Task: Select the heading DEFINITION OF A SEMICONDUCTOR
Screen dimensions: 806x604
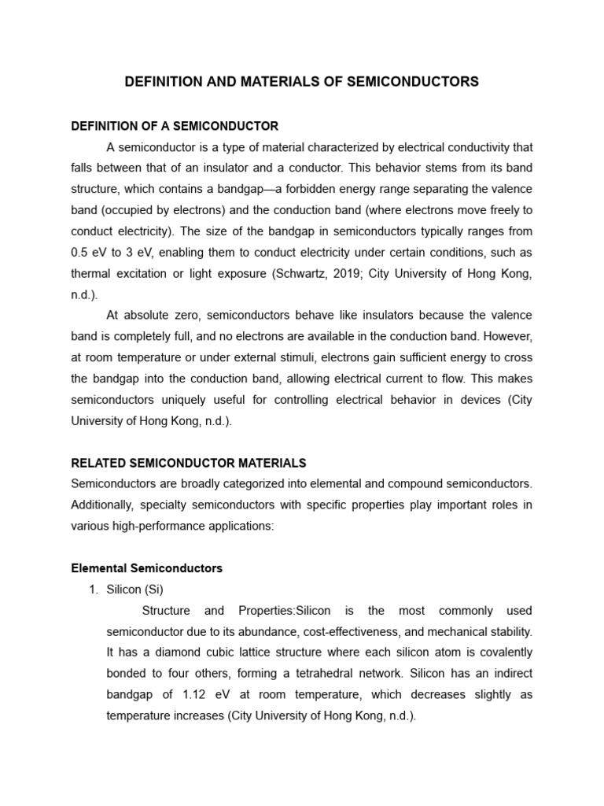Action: point(175,126)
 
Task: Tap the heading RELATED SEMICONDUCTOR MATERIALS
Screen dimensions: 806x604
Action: point(189,463)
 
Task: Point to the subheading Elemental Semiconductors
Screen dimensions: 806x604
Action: point(147,568)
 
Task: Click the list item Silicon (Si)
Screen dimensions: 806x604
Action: point(134,590)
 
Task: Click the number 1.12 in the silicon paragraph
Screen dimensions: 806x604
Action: point(197,695)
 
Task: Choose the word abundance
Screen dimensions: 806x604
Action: point(272,631)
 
